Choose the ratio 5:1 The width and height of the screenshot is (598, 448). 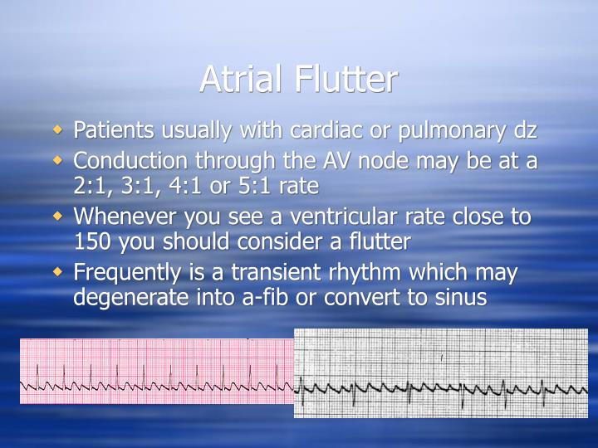pyautogui.click(x=247, y=185)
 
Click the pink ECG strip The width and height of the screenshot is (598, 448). pyautogui.click(x=157, y=371)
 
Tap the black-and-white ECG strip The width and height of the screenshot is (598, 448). pyautogui.click(x=441, y=373)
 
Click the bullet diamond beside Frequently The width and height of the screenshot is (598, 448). pyautogui.click(x=57, y=270)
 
